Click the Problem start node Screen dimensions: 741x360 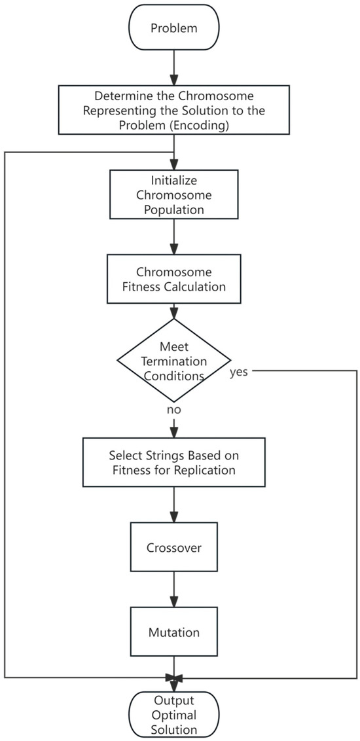[173, 28]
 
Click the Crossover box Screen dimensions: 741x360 [173, 547]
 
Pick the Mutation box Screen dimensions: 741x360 [173, 632]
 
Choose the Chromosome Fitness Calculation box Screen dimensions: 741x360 [173, 279]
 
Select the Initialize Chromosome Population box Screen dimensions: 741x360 [173, 194]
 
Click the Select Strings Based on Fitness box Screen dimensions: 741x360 [173, 462]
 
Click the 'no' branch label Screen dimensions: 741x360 [173, 409]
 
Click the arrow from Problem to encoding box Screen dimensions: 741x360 [173, 69]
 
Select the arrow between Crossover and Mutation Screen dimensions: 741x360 [173, 589]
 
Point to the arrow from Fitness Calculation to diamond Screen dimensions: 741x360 [173, 310]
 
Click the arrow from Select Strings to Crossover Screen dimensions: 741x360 [173, 504]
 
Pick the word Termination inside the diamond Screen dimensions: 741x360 [173, 360]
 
